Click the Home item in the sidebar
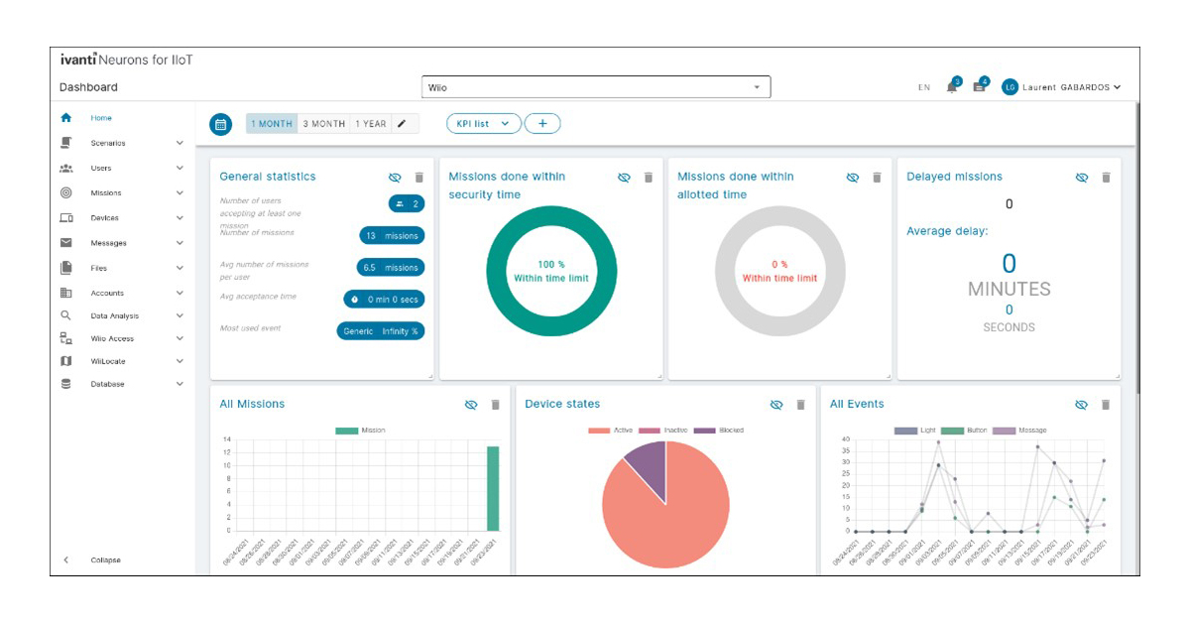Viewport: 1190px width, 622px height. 101,118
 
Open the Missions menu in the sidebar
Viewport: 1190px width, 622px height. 105,193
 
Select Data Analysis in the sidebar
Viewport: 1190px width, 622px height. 114,316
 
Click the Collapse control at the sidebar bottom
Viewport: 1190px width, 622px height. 105,560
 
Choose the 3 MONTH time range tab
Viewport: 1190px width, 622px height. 323,124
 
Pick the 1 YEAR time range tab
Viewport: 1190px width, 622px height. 371,124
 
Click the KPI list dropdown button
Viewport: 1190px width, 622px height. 483,124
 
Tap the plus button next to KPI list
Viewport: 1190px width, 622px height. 542,124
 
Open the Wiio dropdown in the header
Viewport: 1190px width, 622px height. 595,87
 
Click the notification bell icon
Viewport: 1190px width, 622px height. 952,87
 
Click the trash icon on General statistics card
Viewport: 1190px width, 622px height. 418,178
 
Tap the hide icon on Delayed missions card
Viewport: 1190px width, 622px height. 1082,178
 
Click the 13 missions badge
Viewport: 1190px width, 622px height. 392,236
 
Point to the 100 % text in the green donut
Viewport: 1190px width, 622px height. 550,265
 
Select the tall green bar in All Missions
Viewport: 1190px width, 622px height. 492,488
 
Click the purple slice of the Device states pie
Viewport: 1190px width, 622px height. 647,464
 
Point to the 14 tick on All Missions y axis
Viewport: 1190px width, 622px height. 227,439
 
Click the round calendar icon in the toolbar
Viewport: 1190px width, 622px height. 221,125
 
